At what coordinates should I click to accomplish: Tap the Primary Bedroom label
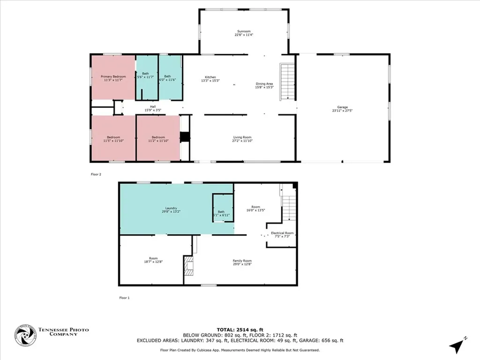113,76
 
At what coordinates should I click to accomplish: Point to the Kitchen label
210,77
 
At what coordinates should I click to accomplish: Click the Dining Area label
264,84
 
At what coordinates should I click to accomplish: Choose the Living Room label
243,137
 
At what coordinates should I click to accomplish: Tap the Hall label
153,107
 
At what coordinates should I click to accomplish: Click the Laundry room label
171,208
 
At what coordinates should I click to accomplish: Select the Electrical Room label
282,233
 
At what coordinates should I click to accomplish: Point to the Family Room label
242,261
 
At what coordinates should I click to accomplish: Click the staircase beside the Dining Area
286,82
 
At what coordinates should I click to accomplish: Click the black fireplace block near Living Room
186,137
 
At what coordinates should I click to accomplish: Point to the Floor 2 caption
96,174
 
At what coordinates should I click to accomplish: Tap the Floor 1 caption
124,297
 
